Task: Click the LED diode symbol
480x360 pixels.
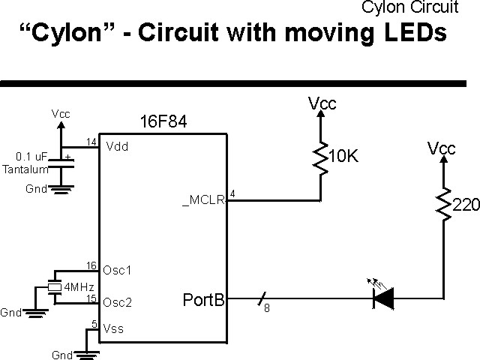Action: click(383, 300)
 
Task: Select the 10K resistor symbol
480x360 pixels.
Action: click(322, 158)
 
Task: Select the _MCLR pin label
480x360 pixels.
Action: click(203, 201)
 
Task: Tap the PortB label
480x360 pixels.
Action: click(204, 300)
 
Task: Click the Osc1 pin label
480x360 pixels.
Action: click(118, 270)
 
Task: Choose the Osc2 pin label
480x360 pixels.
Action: click(118, 302)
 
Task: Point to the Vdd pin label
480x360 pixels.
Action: click(117, 146)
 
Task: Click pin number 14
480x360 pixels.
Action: click(91, 142)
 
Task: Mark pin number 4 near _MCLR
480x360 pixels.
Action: click(232, 195)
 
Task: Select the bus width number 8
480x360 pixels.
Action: click(266, 308)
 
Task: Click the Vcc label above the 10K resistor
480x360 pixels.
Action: click(322, 104)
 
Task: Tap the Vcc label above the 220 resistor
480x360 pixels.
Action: click(442, 148)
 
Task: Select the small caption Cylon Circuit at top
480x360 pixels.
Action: click(409, 7)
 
